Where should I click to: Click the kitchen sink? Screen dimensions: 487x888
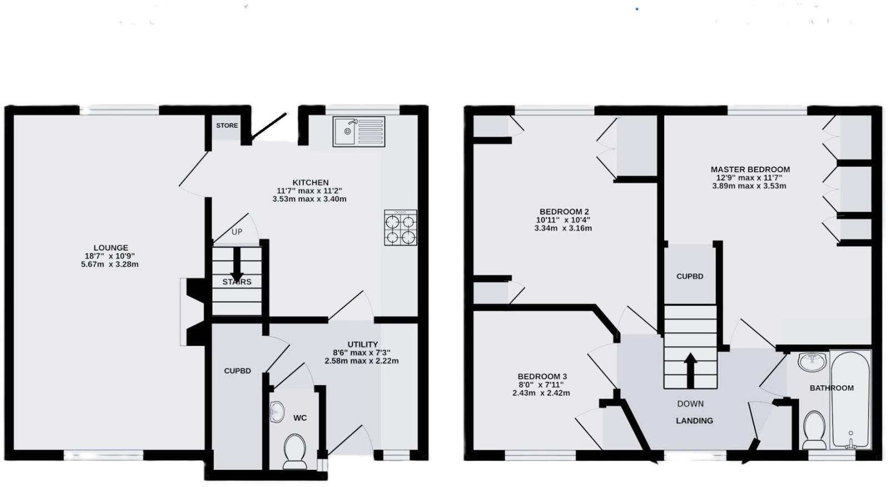tap(358, 132)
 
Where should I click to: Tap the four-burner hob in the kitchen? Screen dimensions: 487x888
tap(400, 228)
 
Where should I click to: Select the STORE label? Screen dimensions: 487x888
tap(227, 125)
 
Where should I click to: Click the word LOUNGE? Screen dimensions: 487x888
tap(111, 248)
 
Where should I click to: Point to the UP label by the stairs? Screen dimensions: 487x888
tap(237, 232)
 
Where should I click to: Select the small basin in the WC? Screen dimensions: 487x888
tap(277, 411)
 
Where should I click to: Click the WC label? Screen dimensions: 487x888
tap(300, 418)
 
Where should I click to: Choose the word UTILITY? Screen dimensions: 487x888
tap(363, 344)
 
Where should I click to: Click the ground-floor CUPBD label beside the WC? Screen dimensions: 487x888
tap(237, 370)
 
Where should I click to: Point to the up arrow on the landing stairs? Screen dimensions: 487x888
tap(690, 370)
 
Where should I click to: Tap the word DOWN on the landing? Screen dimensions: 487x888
tap(690, 404)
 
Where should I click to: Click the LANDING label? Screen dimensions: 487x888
tap(694, 420)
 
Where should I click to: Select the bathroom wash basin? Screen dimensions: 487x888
tap(812, 362)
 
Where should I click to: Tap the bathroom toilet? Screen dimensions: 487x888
tap(815, 429)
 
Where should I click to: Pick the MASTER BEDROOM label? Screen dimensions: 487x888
tap(750, 169)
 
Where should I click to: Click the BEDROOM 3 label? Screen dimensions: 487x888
tap(542, 376)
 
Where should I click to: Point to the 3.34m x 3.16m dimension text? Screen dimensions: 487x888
tap(563, 228)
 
